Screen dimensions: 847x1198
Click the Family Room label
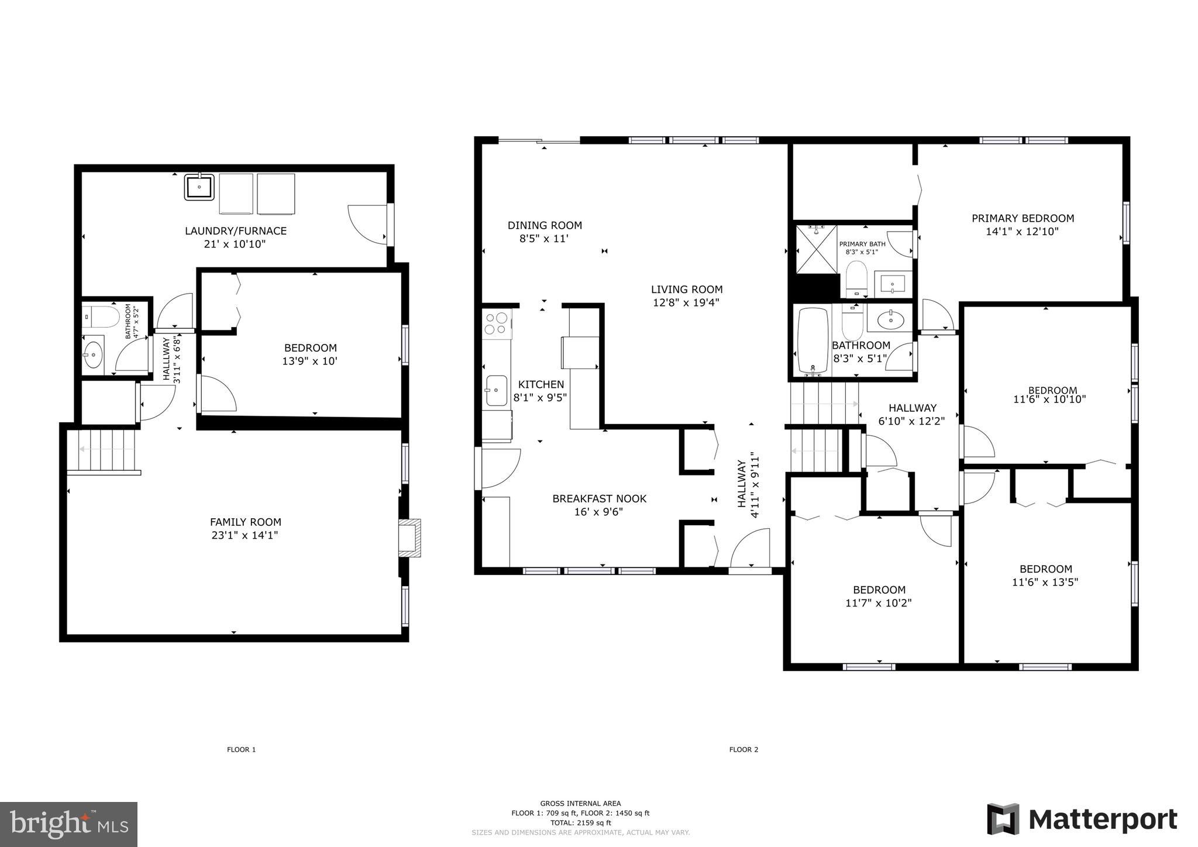[245, 522]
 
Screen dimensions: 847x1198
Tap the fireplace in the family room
[409, 538]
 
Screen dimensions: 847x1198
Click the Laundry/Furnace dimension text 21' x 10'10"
[235, 244]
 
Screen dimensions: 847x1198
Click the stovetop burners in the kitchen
[497, 323]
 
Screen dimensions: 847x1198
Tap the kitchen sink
[496, 390]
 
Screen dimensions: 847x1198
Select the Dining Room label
[544, 225]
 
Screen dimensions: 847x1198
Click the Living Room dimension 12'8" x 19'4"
[686, 302]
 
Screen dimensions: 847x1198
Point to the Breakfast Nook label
[599, 498]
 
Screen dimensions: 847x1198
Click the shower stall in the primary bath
[816, 249]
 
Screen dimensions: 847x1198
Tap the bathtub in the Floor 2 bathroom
[813, 340]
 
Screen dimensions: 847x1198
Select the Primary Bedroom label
[1023, 218]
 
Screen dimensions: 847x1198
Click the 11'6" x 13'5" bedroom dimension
[1045, 582]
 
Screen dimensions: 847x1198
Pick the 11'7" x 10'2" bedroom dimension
[878, 603]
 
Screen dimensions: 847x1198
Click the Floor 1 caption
[241, 749]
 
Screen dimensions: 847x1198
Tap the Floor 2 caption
[743, 749]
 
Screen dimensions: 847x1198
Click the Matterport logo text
[1102, 819]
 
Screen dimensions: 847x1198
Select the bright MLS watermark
[69, 824]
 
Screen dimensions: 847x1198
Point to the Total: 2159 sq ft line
[580, 822]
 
